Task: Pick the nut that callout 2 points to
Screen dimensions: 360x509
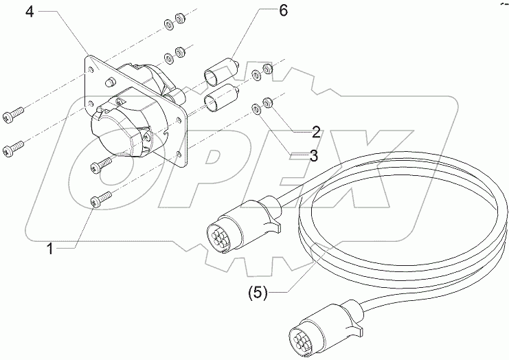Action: click(269, 102)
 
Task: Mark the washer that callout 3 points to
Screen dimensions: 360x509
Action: click(256, 108)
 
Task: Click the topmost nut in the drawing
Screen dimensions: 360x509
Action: click(181, 16)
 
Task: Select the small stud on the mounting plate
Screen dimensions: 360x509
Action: click(109, 84)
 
